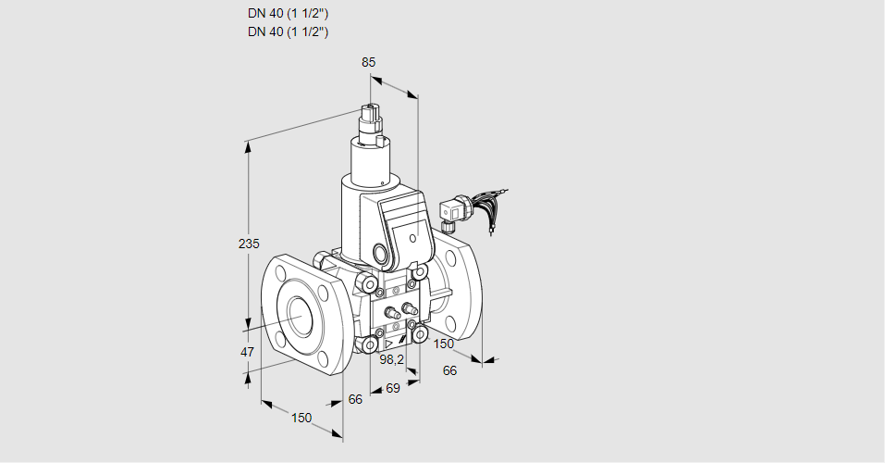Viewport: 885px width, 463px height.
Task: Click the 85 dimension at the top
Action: [369, 63]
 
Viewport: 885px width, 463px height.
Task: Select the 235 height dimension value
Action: [249, 244]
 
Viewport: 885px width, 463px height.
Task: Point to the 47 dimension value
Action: [247, 352]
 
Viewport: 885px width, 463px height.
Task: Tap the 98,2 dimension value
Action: [393, 359]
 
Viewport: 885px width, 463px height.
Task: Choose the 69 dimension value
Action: [392, 389]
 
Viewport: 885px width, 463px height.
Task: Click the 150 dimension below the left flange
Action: [301, 418]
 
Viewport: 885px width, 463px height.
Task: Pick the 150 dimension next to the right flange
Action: [445, 344]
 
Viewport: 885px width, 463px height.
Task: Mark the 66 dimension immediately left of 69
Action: [355, 399]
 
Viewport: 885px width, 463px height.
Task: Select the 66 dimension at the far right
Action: [450, 370]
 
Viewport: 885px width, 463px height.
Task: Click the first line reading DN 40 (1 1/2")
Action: [289, 14]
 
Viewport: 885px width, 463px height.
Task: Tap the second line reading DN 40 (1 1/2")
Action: [289, 31]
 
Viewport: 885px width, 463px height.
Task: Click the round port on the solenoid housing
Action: [381, 253]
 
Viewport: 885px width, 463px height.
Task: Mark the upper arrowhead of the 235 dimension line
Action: [247, 144]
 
